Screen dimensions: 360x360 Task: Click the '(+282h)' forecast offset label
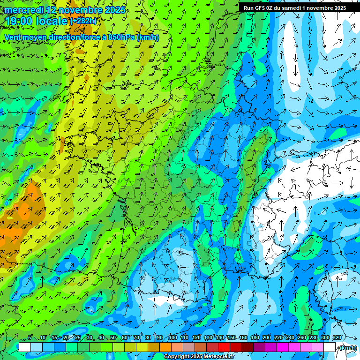tap(83, 21)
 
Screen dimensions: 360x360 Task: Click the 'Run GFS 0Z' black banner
tap(294, 7)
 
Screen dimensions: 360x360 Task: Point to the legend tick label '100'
tap(173, 338)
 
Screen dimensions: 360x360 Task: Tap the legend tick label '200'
tap(267, 338)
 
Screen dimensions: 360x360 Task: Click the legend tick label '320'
tap(337, 338)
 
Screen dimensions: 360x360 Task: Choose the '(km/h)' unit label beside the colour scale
tap(347, 348)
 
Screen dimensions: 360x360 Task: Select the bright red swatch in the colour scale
tap(224, 347)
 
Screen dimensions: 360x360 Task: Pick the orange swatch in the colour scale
tap(165, 347)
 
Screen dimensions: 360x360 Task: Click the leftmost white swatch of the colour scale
tap(25, 347)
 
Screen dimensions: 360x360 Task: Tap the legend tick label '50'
tap(113, 338)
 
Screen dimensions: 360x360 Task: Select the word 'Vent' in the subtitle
tap(14, 37)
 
